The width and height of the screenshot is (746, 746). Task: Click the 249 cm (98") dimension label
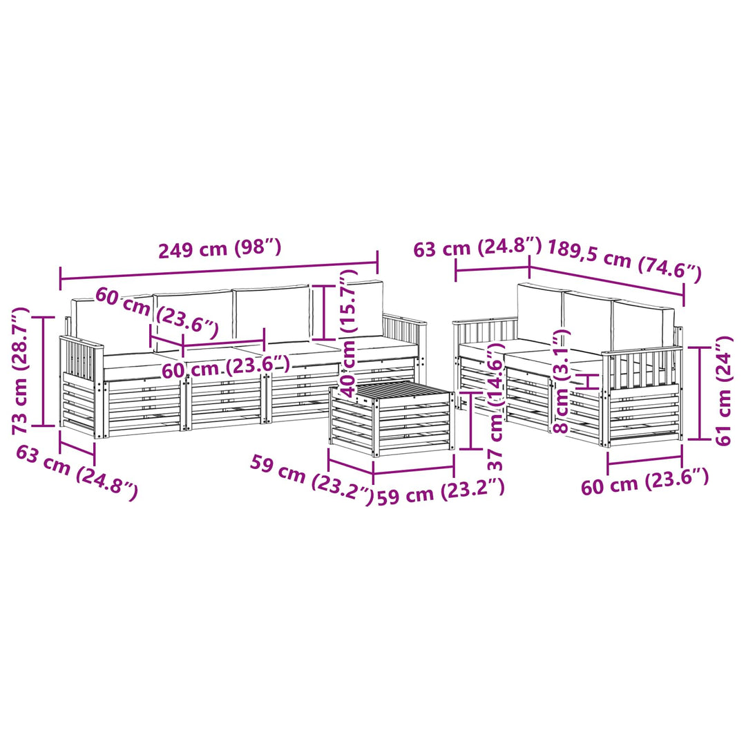pos(220,249)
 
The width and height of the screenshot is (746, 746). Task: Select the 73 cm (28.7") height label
pos(21,371)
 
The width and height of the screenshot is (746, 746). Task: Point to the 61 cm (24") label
pos(724,390)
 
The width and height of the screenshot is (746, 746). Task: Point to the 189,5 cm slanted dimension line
pos(606,281)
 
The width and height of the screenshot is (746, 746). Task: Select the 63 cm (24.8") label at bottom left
pos(77,472)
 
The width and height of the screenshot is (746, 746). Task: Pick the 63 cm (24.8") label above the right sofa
pos(477,247)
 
